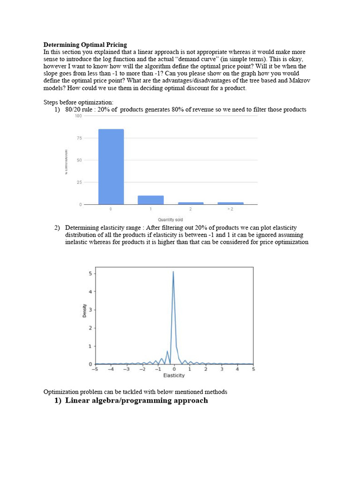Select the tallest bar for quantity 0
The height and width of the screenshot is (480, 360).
pos(111,166)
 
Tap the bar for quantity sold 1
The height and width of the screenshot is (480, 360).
pos(150,200)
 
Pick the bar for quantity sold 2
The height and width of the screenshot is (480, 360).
pos(190,203)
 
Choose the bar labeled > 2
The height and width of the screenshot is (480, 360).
pos(230,203)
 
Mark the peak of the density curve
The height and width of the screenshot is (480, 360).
pos(173,272)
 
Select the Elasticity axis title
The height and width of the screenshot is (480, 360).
pos(174,375)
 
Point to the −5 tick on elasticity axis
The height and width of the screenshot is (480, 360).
pos(95,369)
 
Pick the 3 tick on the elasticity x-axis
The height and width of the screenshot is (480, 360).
pos(221,369)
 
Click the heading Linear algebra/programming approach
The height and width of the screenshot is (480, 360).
pos(136,400)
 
